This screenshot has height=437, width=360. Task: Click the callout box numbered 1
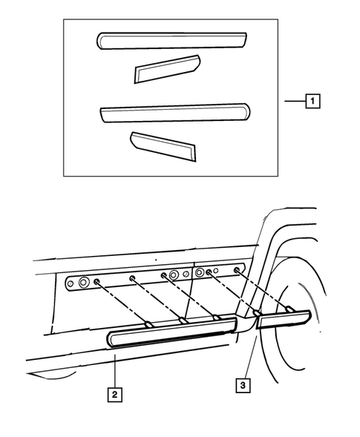click(x=312, y=101)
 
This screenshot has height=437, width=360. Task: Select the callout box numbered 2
click(x=114, y=395)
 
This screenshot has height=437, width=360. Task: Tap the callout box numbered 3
click(x=243, y=385)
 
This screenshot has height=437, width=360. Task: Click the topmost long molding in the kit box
click(x=171, y=41)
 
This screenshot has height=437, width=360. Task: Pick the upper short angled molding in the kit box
click(x=167, y=69)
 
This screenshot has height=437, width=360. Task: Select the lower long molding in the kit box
click(x=175, y=113)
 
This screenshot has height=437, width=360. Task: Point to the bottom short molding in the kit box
click(x=163, y=146)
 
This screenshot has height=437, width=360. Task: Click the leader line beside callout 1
click(x=295, y=101)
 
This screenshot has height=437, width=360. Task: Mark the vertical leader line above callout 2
click(x=115, y=370)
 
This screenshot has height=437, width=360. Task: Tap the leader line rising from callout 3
click(x=250, y=358)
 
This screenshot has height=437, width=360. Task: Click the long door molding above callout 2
click(x=171, y=332)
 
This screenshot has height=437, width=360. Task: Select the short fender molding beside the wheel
click(x=284, y=319)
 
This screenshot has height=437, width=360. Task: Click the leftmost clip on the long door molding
click(x=148, y=323)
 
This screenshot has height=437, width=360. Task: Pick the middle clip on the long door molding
click(x=183, y=321)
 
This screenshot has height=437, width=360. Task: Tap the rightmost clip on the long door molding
click(x=216, y=317)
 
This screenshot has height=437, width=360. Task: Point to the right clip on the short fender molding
click(x=289, y=309)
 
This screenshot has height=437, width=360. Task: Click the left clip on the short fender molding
click(x=257, y=312)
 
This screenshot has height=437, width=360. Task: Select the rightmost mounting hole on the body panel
click(x=237, y=270)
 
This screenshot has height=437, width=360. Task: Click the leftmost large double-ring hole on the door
click(x=83, y=283)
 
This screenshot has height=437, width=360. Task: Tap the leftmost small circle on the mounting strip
click(x=71, y=283)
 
